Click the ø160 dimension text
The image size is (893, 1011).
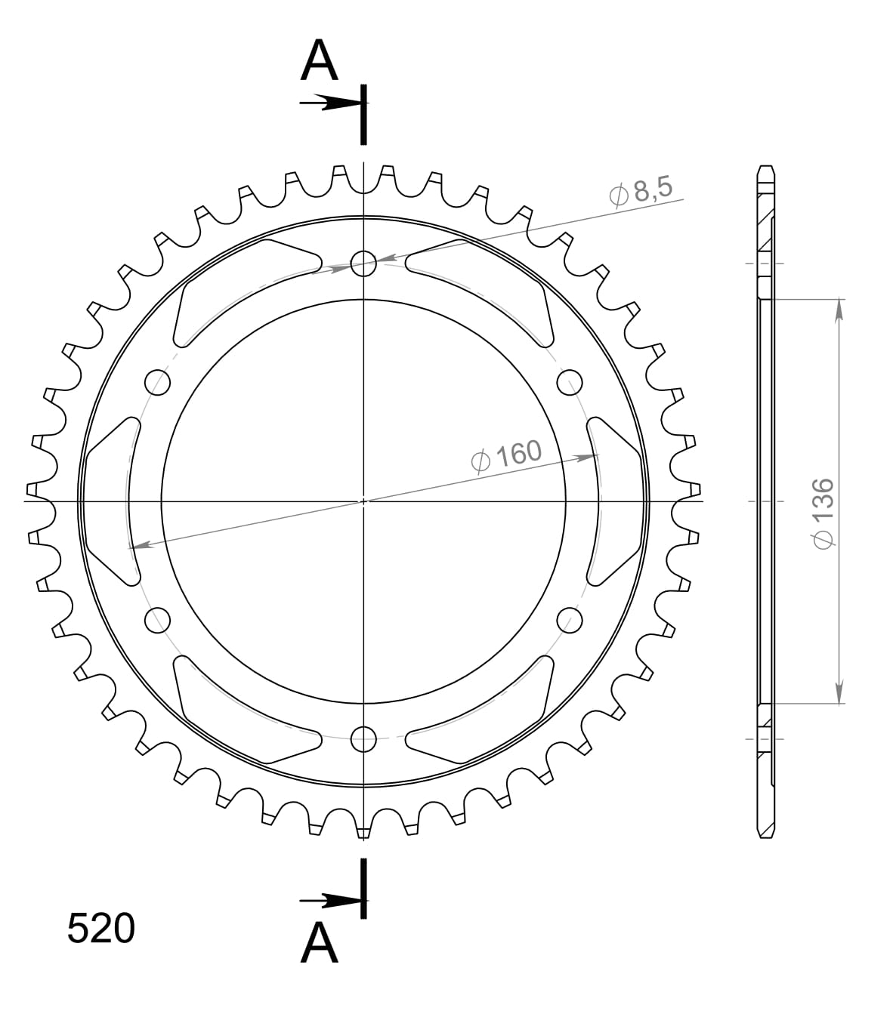click(506, 455)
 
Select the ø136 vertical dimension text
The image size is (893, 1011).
click(821, 513)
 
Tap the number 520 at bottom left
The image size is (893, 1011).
click(101, 929)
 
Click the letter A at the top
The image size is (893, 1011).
click(319, 61)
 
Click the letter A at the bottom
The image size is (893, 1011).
click(319, 943)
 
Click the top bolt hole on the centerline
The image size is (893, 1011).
click(364, 264)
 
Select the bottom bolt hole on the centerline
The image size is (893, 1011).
click(364, 738)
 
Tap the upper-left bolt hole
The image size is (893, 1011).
click(158, 382)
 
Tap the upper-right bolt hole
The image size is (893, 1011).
click(570, 382)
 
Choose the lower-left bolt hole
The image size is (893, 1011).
click(158, 620)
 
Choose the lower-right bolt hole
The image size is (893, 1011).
click(570, 620)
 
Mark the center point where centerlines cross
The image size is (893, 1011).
click(364, 501)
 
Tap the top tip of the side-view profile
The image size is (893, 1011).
click(765, 167)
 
